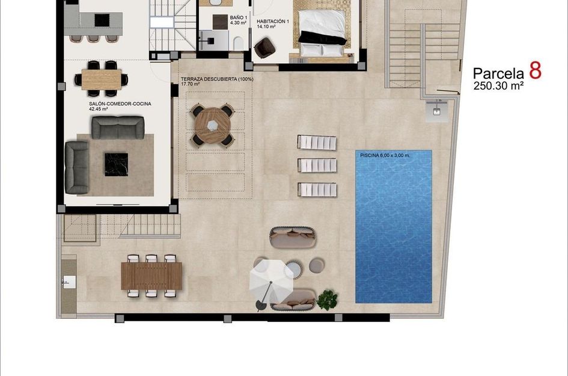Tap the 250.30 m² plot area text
[x=498, y=86]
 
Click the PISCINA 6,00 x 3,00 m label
[x=385, y=155]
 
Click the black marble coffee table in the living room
[x=116, y=164]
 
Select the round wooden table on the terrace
[x=213, y=126]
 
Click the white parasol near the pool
[x=271, y=279]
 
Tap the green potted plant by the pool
[x=327, y=300]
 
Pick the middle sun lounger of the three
[x=317, y=165]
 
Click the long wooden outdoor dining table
[x=151, y=276]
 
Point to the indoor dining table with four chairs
[x=102, y=79]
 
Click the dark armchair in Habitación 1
[x=265, y=48]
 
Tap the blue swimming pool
[x=394, y=227]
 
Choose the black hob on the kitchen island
[x=102, y=20]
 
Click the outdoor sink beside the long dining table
[x=69, y=282]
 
